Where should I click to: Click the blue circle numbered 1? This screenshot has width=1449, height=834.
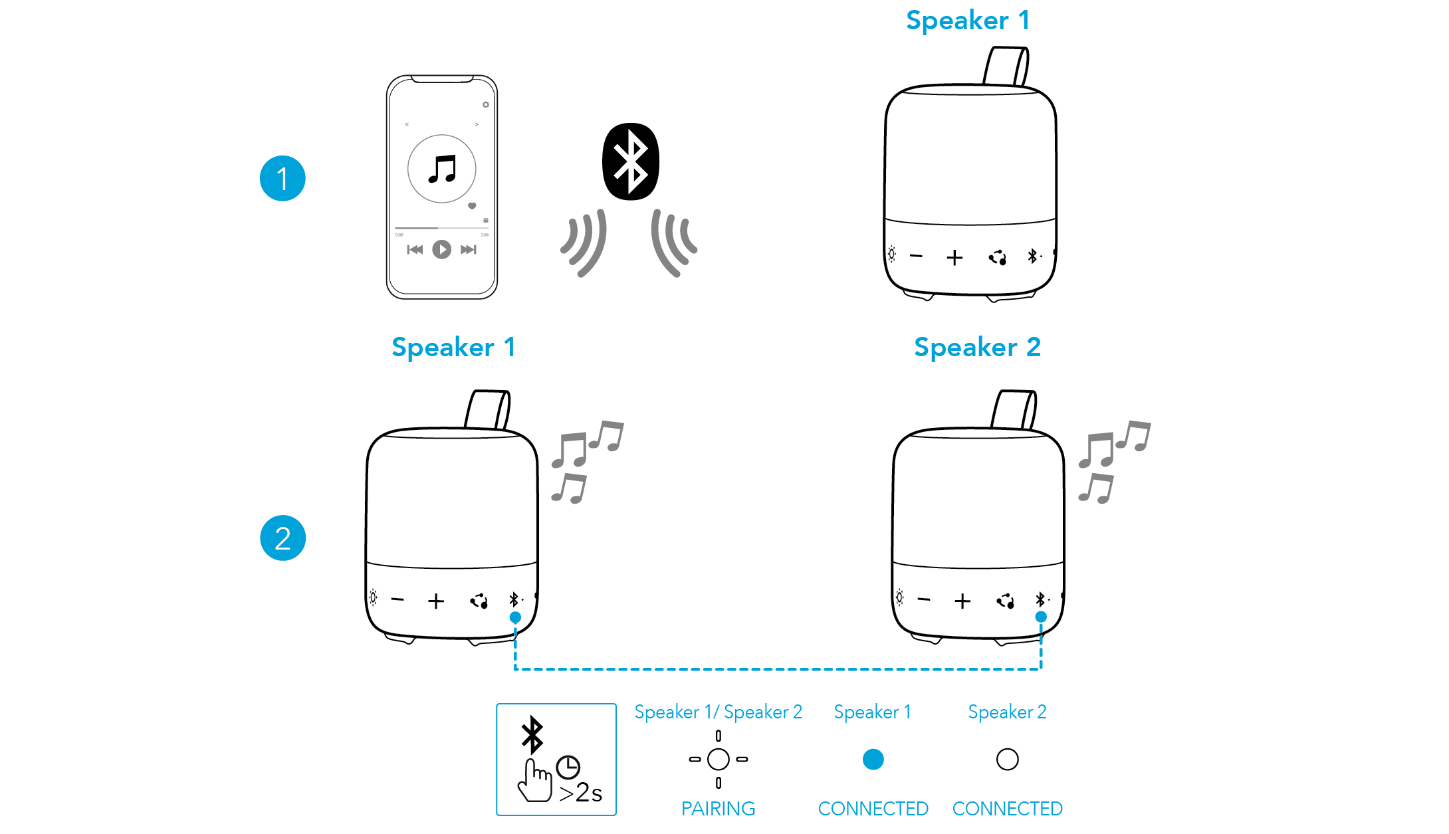(282, 179)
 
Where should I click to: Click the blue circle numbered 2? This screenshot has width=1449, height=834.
(282, 538)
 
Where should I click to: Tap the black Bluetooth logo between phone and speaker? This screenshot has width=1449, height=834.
(630, 161)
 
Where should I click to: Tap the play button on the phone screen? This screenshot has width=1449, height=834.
(441, 249)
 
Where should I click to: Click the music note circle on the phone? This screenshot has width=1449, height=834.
(441, 169)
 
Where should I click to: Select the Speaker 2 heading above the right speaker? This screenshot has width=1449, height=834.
(976, 348)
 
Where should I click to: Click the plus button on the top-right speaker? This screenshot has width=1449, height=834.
(954, 258)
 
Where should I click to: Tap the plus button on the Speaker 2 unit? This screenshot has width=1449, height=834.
(962, 601)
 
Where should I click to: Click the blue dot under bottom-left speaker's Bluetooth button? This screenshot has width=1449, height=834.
(515, 617)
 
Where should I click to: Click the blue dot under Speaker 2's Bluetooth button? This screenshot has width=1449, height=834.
(1041, 617)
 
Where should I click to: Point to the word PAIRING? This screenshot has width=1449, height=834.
(718, 809)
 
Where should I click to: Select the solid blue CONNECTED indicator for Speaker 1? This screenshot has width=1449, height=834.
(873, 759)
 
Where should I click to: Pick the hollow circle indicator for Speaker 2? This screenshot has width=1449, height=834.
(1007, 759)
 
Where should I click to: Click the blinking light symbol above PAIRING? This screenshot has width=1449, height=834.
(718, 759)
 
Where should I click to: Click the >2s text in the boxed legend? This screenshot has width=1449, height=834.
(580, 793)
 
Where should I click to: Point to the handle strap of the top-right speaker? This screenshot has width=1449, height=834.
(1006, 66)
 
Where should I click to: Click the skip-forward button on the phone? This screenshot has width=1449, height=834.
(469, 249)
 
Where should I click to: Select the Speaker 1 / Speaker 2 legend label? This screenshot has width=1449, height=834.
(718, 712)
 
